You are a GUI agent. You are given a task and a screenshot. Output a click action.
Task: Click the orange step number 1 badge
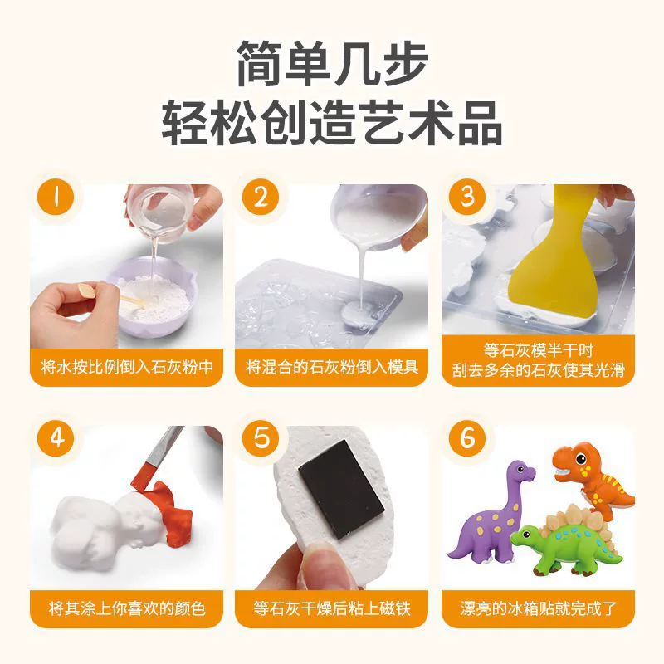click(x=56, y=198)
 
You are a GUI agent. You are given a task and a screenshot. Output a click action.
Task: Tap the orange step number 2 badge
click(x=261, y=198)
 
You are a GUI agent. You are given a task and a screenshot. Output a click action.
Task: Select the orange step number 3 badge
click(x=467, y=198)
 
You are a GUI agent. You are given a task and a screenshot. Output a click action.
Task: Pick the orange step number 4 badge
click(x=56, y=438)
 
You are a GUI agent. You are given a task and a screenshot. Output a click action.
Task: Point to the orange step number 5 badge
click(x=261, y=438)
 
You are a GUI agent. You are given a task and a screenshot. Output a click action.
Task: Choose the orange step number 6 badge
click(x=467, y=438)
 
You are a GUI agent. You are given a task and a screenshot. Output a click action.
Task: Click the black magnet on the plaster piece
click(x=341, y=489)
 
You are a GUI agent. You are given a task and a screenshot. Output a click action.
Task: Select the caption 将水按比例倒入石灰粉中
click(x=127, y=367)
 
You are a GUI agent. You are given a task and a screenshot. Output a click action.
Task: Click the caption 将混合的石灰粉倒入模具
click(x=332, y=367)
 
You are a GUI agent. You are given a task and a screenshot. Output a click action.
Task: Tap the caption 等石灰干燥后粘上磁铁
click(x=332, y=608)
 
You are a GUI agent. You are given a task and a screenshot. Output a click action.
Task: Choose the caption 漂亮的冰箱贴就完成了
click(x=538, y=608)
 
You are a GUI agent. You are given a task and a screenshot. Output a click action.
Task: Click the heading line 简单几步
click(x=332, y=64)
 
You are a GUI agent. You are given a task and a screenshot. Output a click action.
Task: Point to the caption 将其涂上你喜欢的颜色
click(x=127, y=608)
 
